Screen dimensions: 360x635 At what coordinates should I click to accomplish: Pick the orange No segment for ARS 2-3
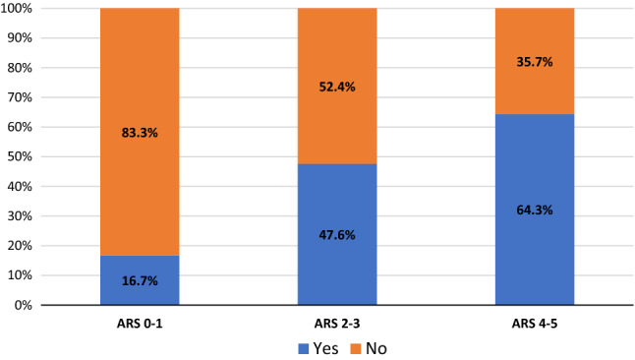tap(337, 59)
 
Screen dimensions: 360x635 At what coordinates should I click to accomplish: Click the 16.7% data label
tap(140, 280)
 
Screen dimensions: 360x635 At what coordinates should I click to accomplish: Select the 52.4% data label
tap(337, 86)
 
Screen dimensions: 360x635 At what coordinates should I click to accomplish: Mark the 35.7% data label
tap(534, 61)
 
